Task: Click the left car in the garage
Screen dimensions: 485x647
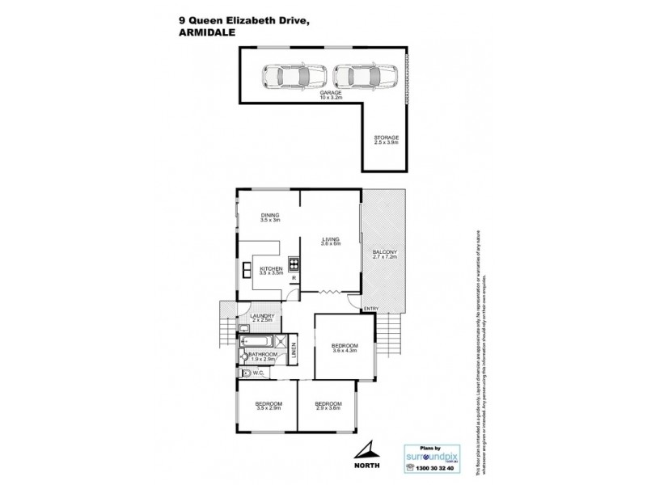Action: [294, 77]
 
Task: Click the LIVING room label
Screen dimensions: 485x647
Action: [330, 241]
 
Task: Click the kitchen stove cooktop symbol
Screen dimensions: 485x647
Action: [294, 262]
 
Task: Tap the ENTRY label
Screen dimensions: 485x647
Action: [371, 309]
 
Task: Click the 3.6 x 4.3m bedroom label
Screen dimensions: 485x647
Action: [344, 348]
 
